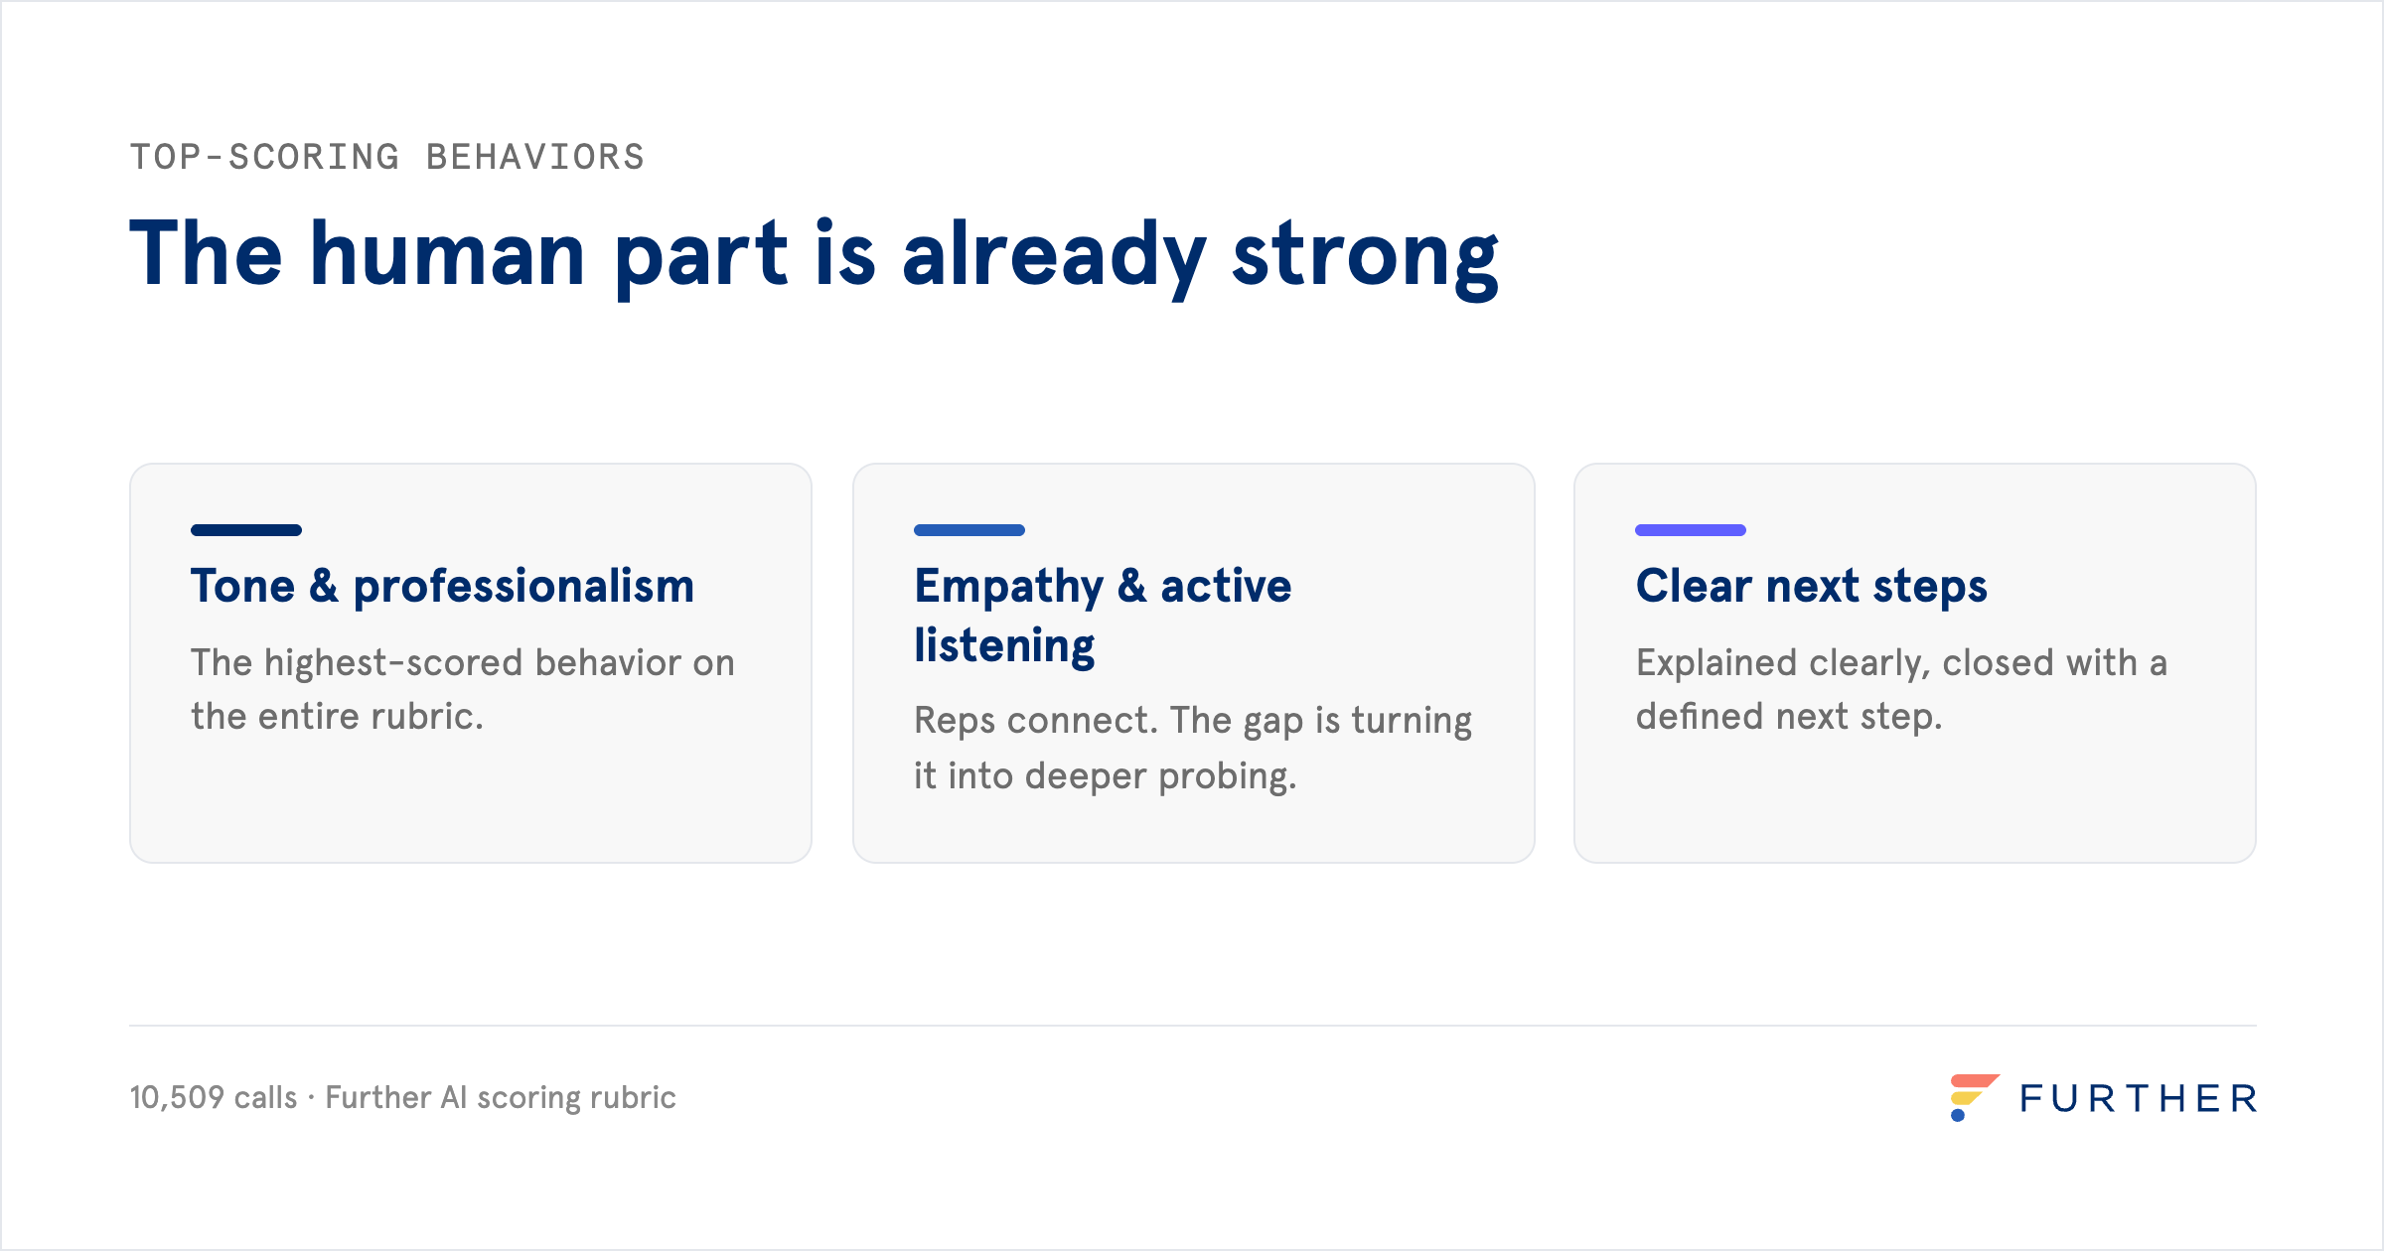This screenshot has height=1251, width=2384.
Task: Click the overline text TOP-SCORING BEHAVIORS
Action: pyautogui.click(x=387, y=157)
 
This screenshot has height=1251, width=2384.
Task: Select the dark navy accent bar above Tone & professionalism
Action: pyautogui.click(x=246, y=530)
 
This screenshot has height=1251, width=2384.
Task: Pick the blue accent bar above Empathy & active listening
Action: pyautogui.click(x=969, y=530)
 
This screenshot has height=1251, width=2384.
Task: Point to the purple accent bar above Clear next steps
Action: pyautogui.click(x=1691, y=530)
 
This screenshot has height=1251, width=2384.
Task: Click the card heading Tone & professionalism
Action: pyautogui.click(x=443, y=586)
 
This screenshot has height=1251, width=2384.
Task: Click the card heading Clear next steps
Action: pyautogui.click(x=1812, y=586)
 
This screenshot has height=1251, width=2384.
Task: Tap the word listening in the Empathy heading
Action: pyautogui.click(x=1004, y=647)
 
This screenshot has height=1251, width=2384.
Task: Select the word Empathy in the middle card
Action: pyautogui.click(x=1008, y=588)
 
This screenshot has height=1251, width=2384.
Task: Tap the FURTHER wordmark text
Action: pyautogui.click(x=2139, y=1099)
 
